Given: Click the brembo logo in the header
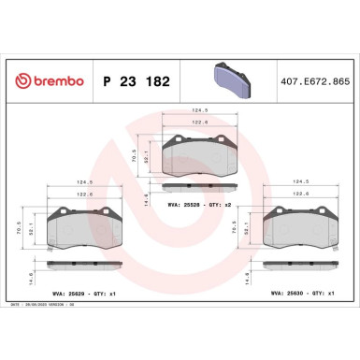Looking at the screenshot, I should [45, 82].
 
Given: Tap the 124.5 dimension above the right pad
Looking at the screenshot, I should [300, 182].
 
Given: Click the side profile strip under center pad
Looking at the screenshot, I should [197, 188].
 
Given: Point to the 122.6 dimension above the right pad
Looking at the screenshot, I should [300, 194].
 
